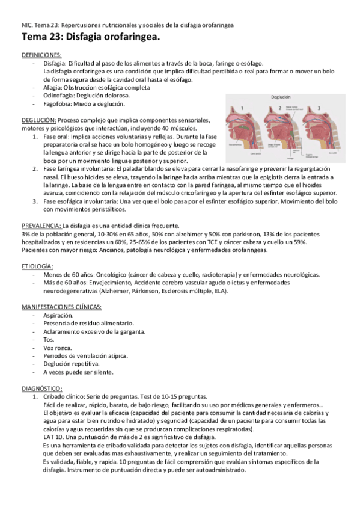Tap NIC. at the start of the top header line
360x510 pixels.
pos(27,25)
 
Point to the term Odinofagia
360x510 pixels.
pos(60,95)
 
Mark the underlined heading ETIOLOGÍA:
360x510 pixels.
pos(38,266)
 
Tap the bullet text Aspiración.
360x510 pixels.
pos(58,315)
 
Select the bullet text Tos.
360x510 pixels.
pos(49,340)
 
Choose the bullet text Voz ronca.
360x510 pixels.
pos(57,348)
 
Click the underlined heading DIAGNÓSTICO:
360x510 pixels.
pos(41,389)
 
